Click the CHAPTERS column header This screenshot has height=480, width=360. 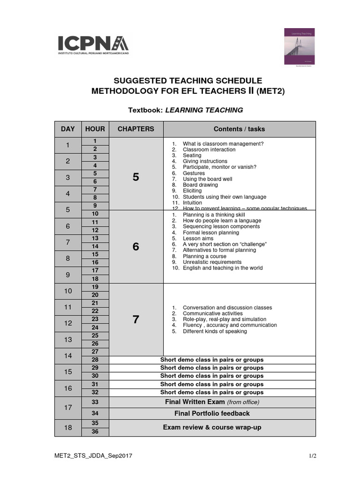click(x=136, y=129)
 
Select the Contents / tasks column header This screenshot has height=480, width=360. click(x=239, y=129)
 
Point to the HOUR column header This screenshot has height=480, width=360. click(x=95, y=129)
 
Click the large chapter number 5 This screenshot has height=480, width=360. click(x=136, y=177)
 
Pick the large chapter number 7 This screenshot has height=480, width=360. click(x=136, y=320)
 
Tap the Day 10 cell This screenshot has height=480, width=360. click(x=68, y=291)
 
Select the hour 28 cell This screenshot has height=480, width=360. click(x=95, y=360)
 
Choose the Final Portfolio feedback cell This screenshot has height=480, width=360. click(x=212, y=413)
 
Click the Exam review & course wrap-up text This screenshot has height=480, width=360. click(x=212, y=427)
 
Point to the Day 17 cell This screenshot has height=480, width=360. click(x=68, y=408)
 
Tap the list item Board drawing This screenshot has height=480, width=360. click(x=200, y=185)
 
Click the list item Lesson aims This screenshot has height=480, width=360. click(x=198, y=238)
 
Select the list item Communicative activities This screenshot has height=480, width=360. click(x=212, y=314)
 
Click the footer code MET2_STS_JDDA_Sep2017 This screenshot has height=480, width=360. click(x=89, y=455)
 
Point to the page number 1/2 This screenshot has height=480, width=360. click(x=312, y=455)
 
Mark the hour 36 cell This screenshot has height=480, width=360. click(x=95, y=432)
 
